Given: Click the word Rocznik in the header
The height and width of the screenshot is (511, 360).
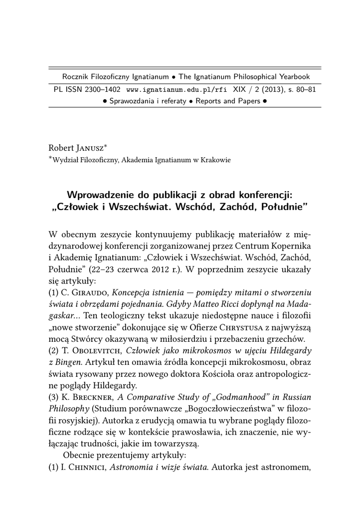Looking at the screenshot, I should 76,77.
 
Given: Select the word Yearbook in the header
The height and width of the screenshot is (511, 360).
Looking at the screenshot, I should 293,77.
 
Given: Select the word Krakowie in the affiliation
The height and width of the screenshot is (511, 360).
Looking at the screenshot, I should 215,160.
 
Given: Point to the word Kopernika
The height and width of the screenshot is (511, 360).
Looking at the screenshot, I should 292,246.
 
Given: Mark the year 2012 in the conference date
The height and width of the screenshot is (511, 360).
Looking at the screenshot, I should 168,270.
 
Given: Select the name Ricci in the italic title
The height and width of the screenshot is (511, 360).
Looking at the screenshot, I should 221,306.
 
